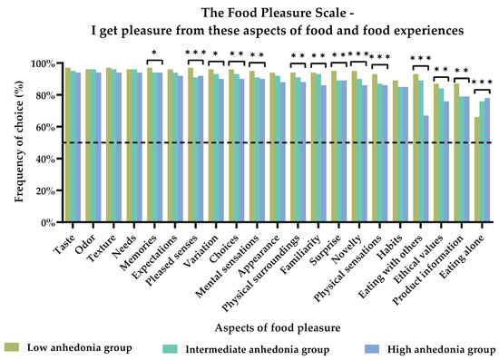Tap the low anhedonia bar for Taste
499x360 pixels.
click(x=67, y=145)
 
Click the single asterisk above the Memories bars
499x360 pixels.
click(x=155, y=54)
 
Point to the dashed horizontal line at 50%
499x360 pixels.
click(x=272, y=143)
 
